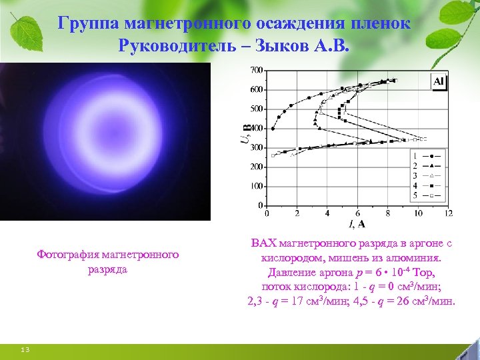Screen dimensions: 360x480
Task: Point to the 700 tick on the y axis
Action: point(256,70)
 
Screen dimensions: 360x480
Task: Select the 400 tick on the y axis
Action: point(256,128)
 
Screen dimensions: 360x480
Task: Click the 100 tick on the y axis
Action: point(256,187)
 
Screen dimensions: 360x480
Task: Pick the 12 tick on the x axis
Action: point(447,213)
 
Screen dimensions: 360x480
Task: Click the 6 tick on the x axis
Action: point(357,213)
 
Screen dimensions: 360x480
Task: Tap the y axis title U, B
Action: point(245,130)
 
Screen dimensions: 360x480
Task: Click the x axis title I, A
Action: point(357,223)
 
